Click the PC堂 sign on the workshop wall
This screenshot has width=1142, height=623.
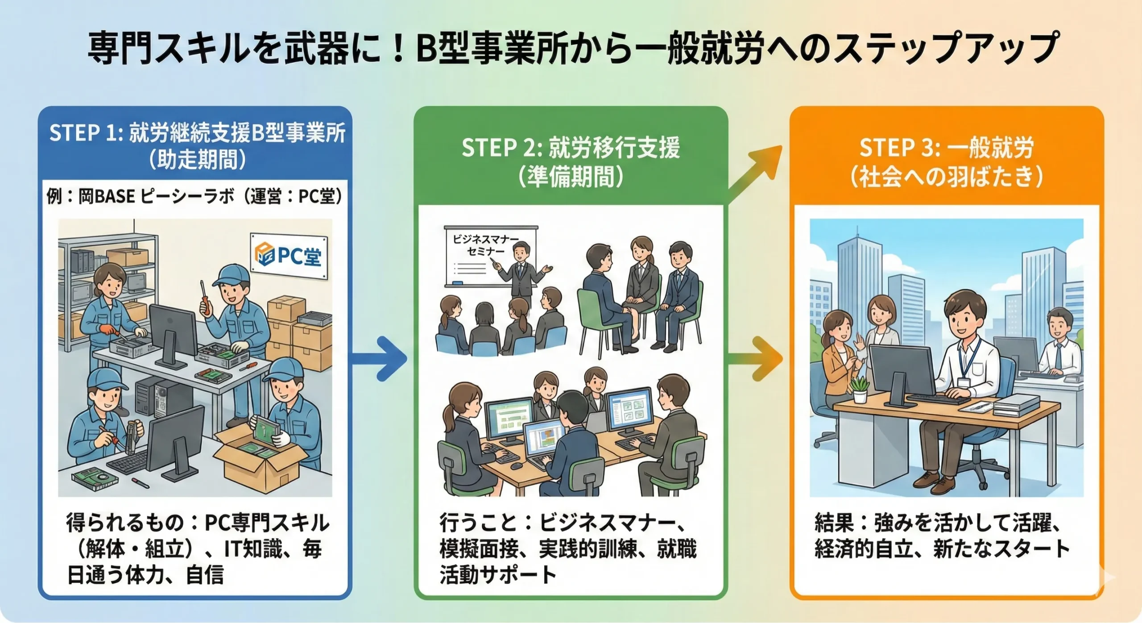point(289,256)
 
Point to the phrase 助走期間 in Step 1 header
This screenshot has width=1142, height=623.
point(198,160)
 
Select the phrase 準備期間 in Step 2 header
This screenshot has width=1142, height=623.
point(571,177)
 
